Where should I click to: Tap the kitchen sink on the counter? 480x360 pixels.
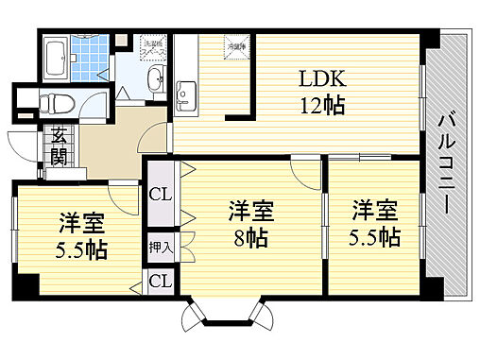(x=186, y=91)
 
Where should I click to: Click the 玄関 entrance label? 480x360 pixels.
(x=60, y=146)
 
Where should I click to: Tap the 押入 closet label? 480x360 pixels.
(x=160, y=248)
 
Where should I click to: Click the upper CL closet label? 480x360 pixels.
(x=160, y=196)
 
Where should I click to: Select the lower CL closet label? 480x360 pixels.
(x=160, y=281)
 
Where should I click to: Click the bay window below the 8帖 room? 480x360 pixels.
(x=224, y=316)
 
